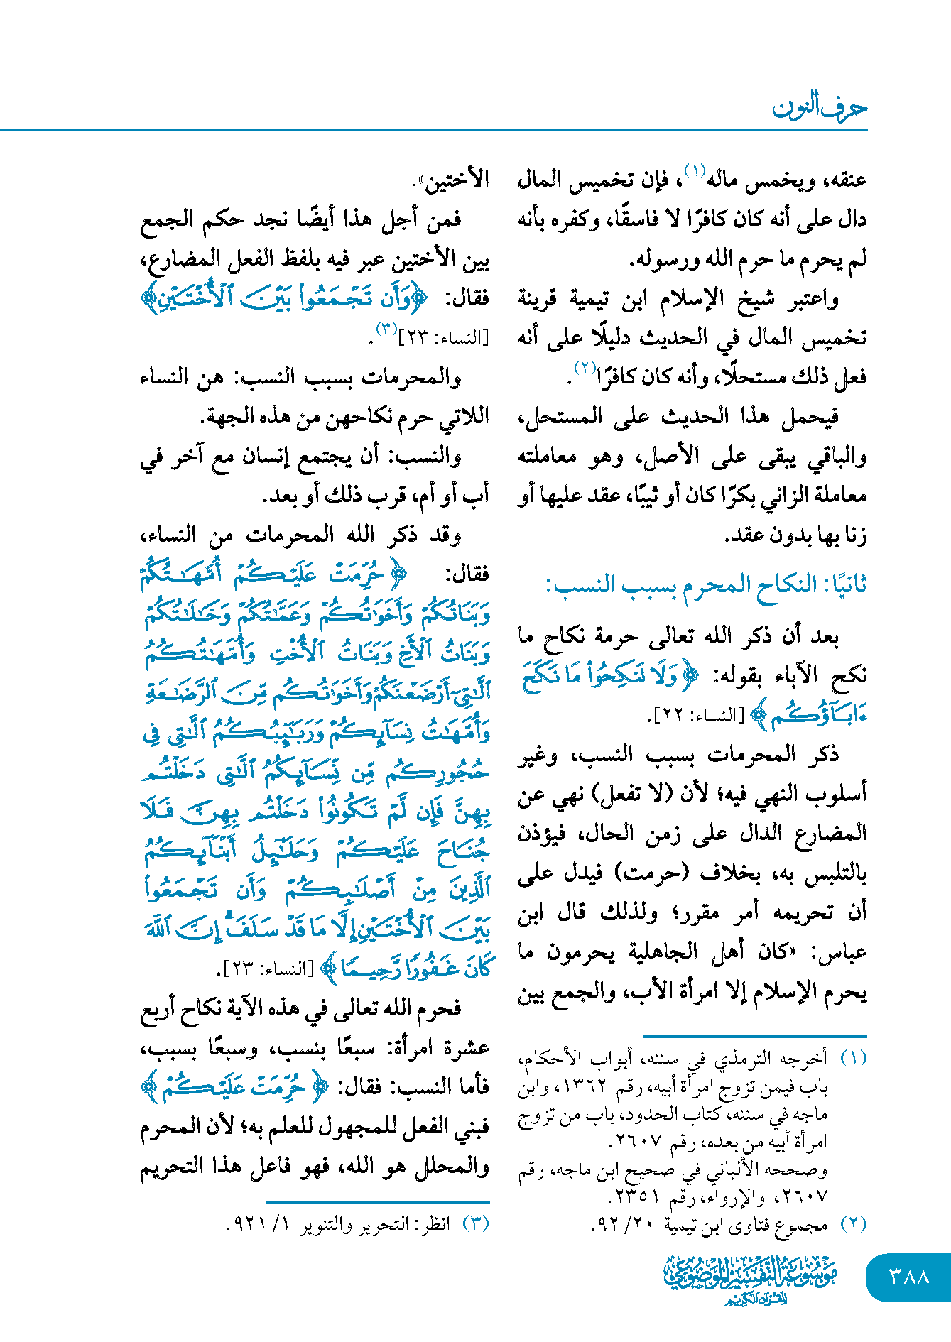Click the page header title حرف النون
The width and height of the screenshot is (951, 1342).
(x=819, y=108)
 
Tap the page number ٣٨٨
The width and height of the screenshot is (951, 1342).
(x=909, y=1277)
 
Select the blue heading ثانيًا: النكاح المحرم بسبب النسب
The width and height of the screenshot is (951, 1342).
(x=706, y=586)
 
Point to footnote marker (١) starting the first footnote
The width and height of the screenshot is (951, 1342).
(x=853, y=1059)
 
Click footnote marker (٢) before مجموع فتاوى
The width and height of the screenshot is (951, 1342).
(x=853, y=1224)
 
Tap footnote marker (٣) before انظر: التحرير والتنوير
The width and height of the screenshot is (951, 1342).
(x=476, y=1224)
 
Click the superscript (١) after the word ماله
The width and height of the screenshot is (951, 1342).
(x=693, y=171)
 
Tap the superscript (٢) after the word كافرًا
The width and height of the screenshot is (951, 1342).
(x=584, y=369)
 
